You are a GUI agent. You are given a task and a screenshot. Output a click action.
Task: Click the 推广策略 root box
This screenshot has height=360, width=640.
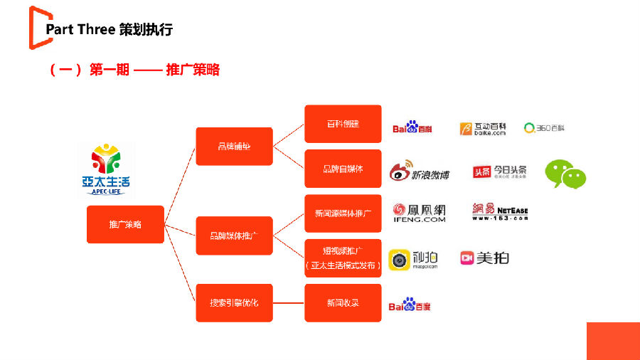(125, 224)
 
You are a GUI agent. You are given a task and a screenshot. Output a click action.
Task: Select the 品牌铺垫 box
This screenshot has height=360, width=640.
(234, 147)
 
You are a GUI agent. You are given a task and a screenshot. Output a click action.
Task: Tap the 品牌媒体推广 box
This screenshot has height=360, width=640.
(234, 235)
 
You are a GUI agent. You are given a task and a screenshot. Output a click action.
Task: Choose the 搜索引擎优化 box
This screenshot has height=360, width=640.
(234, 302)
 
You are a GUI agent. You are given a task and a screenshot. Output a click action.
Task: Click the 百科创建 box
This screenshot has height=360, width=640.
(343, 124)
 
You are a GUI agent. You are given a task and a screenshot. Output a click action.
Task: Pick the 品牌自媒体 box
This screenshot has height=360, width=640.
(343, 169)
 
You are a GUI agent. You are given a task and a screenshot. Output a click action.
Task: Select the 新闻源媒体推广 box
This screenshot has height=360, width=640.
(343, 213)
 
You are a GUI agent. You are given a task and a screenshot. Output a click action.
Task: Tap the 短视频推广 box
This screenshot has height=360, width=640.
(343, 258)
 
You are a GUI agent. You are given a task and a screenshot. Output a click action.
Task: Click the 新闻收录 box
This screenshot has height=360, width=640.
(343, 302)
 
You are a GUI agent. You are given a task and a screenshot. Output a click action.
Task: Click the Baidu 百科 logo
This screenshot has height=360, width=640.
(413, 128)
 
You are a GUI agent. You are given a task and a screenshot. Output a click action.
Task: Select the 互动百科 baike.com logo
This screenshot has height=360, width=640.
(484, 128)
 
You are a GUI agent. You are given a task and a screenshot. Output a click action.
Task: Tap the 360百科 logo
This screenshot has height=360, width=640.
(544, 128)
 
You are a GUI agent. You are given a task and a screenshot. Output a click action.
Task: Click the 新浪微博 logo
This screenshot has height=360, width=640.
(419, 171)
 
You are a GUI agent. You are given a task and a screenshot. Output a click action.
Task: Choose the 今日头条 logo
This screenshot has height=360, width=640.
(501, 171)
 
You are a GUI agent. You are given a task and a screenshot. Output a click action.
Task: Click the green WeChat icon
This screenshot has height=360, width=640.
(565, 174)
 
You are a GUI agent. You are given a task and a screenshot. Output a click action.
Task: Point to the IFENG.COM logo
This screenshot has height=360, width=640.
(420, 213)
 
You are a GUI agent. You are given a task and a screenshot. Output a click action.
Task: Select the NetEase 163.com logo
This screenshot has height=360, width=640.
(500, 211)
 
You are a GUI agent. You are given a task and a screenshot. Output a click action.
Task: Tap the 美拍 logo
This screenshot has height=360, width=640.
(484, 258)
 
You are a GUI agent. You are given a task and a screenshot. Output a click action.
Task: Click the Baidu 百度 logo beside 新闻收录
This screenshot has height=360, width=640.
(410, 305)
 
